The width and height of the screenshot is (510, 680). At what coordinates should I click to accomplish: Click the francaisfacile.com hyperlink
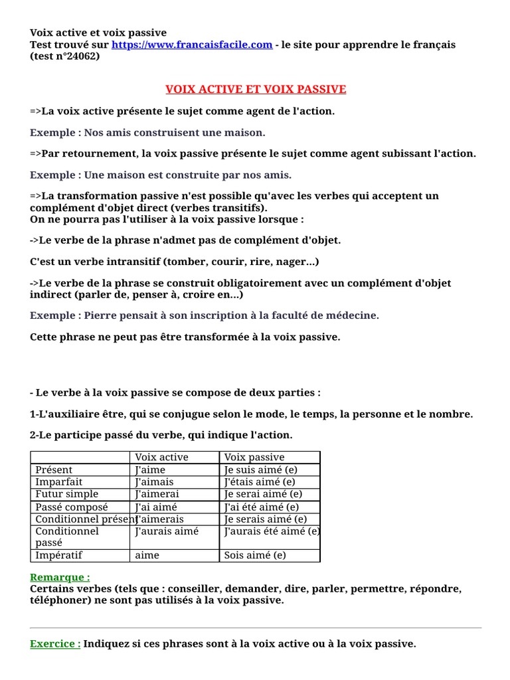(192, 44)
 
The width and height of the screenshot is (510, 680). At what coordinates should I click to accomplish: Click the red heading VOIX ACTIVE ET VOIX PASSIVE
(256, 89)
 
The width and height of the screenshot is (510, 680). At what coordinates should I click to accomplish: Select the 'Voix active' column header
(161, 457)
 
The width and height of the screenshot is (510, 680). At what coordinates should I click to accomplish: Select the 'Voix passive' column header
(254, 457)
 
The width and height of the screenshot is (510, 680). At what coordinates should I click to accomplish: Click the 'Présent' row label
(54, 469)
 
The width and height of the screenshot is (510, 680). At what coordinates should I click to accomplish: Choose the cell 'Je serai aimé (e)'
(263, 494)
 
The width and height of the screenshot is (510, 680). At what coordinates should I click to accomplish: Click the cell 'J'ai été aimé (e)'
(262, 507)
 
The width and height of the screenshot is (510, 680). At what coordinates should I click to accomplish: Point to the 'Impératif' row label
(59, 555)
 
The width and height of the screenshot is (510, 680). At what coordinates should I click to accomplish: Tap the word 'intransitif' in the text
(124, 262)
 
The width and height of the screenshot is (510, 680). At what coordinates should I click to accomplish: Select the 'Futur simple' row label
(66, 494)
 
